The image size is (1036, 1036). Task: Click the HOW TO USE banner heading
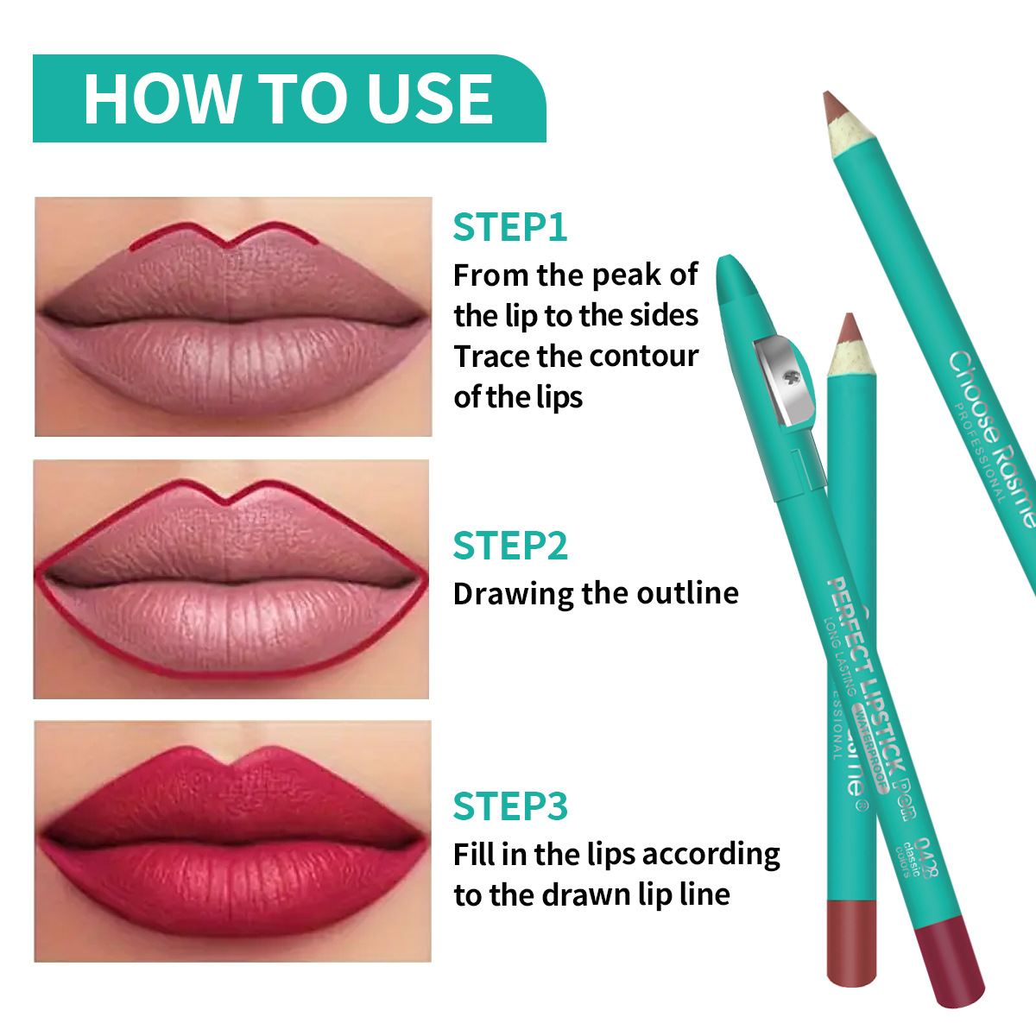(288, 98)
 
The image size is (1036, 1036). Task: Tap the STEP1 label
(509, 227)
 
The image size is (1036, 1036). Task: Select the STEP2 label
(509, 546)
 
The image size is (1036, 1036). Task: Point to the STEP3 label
(509, 805)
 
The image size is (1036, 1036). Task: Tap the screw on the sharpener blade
(787, 377)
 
